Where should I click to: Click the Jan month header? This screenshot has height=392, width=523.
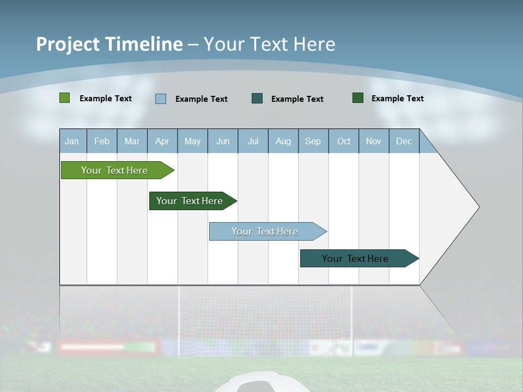(x=72, y=141)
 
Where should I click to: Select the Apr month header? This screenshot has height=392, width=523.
(x=162, y=141)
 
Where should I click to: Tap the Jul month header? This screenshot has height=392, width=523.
(x=253, y=141)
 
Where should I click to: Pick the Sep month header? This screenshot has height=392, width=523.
(x=313, y=141)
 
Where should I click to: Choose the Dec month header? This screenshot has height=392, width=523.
(x=404, y=141)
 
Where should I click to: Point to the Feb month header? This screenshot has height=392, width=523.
(x=102, y=141)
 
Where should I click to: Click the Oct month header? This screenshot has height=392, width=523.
(x=344, y=141)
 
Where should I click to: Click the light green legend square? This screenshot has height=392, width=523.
(x=64, y=98)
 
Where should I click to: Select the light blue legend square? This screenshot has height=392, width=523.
(x=161, y=99)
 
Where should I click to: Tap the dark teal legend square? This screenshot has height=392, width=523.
(x=257, y=98)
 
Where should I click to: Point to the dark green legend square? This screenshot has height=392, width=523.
(x=358, y=98)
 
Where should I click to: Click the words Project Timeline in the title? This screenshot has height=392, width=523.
(x=110, y=44)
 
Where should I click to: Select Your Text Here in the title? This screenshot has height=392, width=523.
(x=270, y=44)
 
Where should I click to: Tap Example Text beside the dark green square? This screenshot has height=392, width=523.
(x=397, y=99)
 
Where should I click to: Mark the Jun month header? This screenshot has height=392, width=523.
(x=223, y=141)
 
